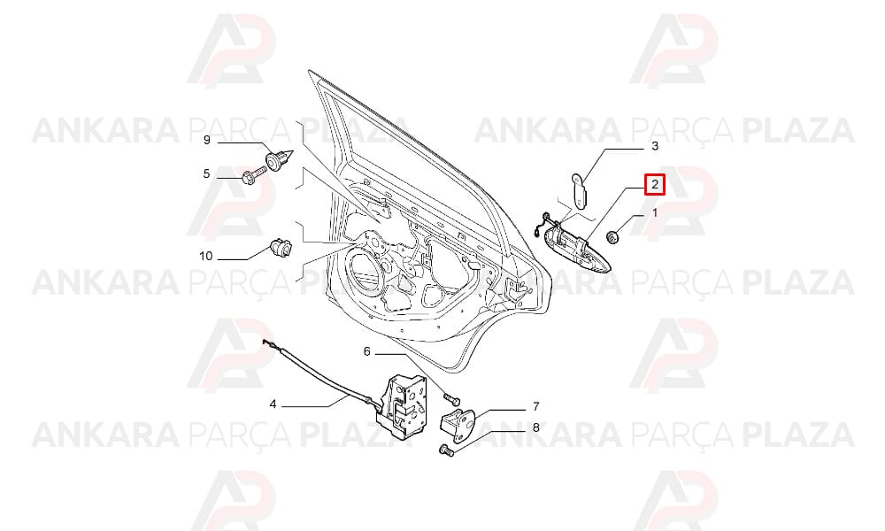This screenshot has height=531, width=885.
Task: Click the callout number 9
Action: [x=206, y=139]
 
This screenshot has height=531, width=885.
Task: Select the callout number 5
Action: [x=206, y=173]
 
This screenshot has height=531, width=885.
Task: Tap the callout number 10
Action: [x=206, y=256]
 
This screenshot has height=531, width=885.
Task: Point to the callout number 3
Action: [x=655, y=146]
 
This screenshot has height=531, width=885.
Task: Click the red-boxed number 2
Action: [x=655, y=185]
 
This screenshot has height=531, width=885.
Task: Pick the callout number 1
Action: [x=655, y=213]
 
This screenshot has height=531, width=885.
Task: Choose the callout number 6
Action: [x=367, y=351]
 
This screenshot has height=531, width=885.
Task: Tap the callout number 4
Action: [x=273, y=404]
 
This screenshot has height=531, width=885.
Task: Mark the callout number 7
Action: [x=535, y=406]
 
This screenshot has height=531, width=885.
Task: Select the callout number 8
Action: [x=535, y=427]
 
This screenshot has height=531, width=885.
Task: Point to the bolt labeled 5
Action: [x=253, y=173]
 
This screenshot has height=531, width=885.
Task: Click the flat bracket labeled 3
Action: [x=578, y=189]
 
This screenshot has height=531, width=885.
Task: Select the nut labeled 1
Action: [x=612, y=237]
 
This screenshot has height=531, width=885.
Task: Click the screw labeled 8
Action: [x=446, y=450]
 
